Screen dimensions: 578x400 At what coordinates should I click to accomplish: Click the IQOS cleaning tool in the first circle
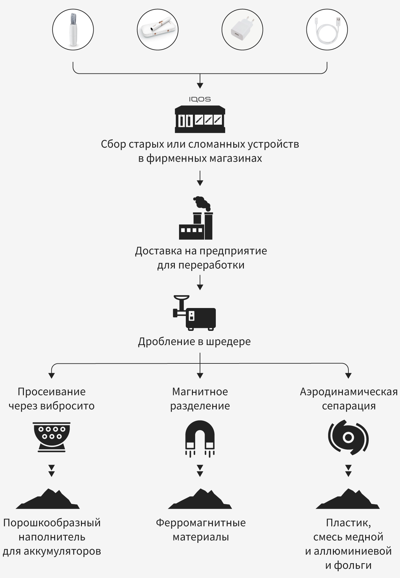tap(73, 29)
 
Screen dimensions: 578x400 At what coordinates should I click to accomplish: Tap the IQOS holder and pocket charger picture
tap(158, 29)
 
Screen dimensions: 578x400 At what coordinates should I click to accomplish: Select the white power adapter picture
tap(242, 29)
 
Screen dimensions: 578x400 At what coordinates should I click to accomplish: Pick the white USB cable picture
tap(327, 29)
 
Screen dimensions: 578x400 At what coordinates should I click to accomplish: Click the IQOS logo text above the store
tap(200, 99)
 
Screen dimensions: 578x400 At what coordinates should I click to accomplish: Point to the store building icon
tap(200, 120)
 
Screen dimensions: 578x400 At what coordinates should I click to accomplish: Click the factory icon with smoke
tap(196, 218)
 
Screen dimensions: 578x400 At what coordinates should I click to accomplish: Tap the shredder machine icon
tap(194, 313)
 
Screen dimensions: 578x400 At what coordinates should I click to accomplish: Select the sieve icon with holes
tap(52, 437)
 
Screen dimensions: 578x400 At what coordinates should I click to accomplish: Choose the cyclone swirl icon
tap(348, 437)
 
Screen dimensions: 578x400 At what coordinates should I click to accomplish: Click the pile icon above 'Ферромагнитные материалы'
tap(200, 499)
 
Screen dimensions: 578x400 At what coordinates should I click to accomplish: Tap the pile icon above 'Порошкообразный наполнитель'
tap(48, 499)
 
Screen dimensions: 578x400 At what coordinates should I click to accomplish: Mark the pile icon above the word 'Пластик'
tap(348, 499)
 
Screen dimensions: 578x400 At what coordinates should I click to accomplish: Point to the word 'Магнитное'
tap(200, 392)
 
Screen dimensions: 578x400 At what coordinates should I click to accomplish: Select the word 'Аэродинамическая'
tap(349, 392)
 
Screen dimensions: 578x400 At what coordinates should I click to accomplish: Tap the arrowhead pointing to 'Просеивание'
tap(51, 375)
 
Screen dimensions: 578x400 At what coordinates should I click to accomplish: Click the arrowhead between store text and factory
tap(200, 183)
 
